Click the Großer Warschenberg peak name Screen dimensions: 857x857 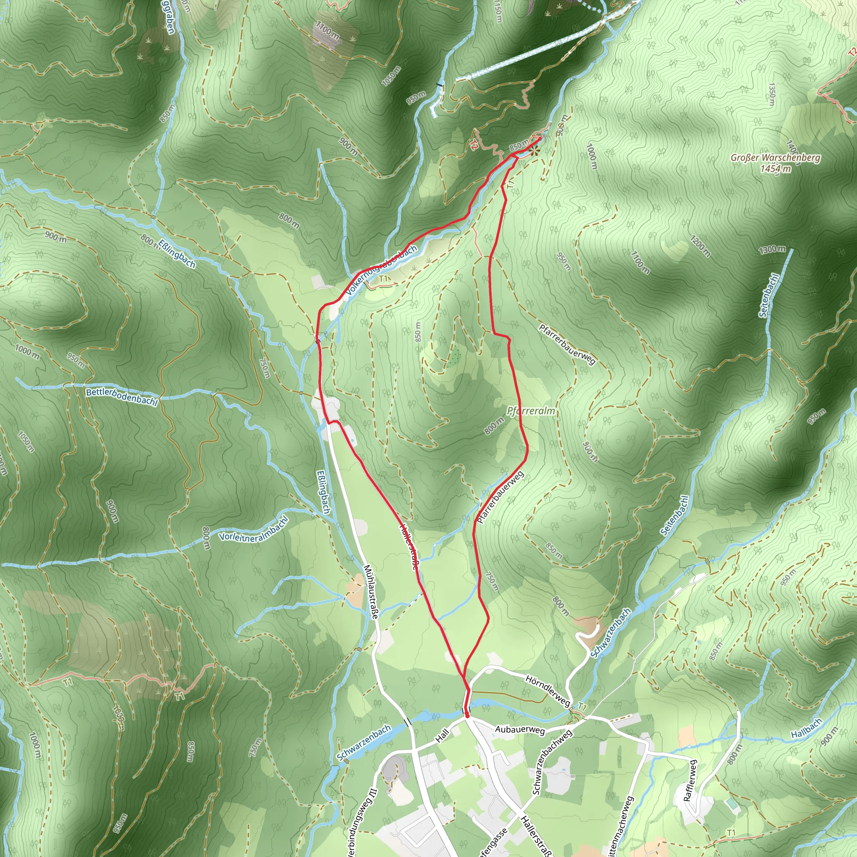[x=775, y=158]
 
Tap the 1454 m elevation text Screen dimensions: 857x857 [x=775, y=169]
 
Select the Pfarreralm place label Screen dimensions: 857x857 [x=531, y=411]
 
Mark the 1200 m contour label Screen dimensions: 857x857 [x=700, y=246]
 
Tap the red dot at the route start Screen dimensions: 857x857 [x=467, y=715]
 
